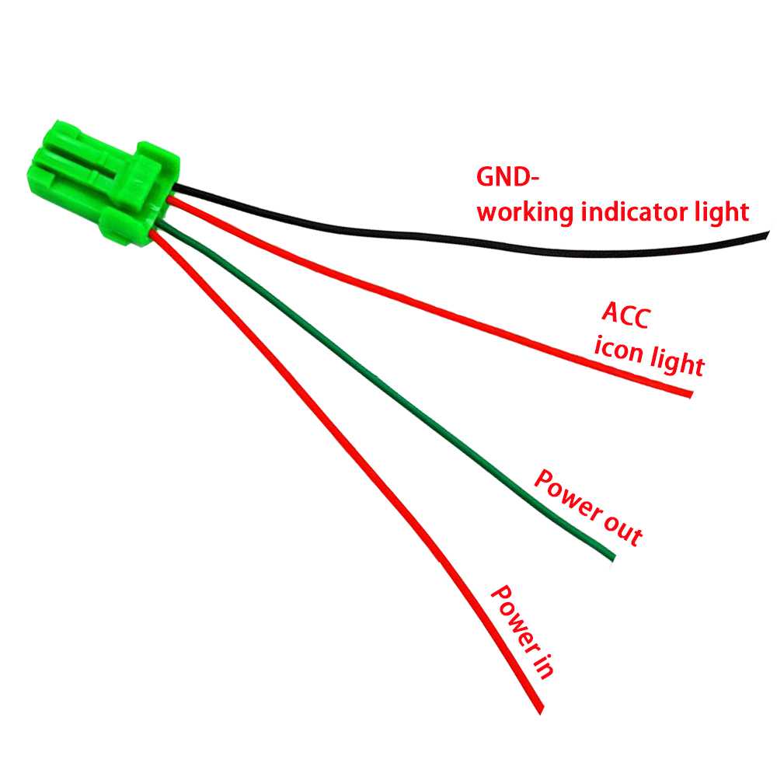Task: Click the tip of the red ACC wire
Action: pyautogui.click(x=688, y=394)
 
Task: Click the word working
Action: pyautogui.click(x=524, y=211)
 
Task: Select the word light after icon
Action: pyautogui.click(x=675, y=362)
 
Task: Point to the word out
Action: pyautogui.click(x=622, y=528)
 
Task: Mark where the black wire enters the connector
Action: pyautogui.click(x=177, y=188)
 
